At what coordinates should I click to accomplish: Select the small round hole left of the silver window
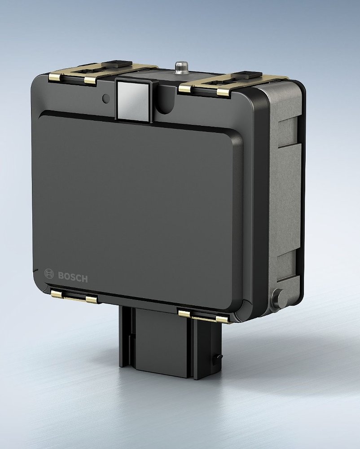tap(105, 97)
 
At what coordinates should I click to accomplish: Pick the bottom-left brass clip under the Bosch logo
tap(74, 296)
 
